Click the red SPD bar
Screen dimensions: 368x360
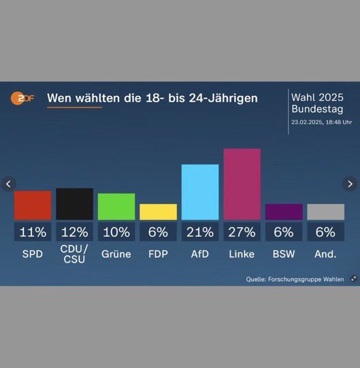33,205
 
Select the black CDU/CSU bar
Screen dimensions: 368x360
74,204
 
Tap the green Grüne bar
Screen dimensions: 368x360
116,207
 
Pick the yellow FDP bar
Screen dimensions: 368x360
158,212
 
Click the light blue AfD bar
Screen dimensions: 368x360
200,192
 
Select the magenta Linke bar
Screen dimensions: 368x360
242,184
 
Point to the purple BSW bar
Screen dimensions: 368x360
284,212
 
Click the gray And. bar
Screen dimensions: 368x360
325,212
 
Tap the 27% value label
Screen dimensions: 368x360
242,232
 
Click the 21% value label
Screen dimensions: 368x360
200,232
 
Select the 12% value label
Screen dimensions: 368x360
74,232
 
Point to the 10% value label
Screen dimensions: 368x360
116,232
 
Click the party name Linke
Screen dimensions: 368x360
242,254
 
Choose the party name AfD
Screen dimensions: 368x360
200,254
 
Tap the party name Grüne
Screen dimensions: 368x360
116,254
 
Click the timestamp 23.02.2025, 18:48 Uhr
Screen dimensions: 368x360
321,122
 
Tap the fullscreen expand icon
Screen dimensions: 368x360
353,279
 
